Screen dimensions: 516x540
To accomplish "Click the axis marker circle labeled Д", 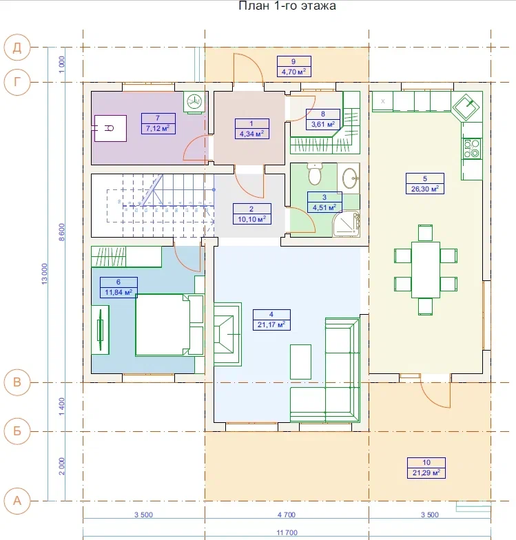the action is (x=17, y=47).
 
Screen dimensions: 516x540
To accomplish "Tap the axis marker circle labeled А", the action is (x=17, y=501).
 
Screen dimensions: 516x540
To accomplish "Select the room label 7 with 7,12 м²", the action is (x=158, y=123).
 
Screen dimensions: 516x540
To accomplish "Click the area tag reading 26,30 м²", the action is (x=425, y=189).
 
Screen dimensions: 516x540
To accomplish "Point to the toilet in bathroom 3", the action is (x=314, y=174).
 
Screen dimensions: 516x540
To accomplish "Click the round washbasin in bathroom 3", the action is (x=351, y=178).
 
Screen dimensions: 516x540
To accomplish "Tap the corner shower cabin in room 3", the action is (x=347, y=223).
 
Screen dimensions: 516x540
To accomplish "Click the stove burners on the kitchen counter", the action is (x=471, y=149).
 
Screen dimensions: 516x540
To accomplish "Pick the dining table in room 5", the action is (x=426, y=270).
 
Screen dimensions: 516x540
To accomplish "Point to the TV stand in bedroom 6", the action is (x=101, y=329).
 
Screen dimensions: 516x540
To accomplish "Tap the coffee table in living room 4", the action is (x=300, y=362).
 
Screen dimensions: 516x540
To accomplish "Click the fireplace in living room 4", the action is (x=227, y=334).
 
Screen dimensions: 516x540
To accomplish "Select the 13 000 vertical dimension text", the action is (x=44, y=274).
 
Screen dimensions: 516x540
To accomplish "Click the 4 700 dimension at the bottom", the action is (x=287, y=515).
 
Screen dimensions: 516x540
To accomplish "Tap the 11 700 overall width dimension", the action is (x=287, y=532).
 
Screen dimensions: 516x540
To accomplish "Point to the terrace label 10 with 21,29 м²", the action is (x=426, y=468).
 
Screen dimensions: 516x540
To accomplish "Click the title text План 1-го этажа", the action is (x=287, y=6).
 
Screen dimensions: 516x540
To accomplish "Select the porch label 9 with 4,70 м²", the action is (x=293, y=66).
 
